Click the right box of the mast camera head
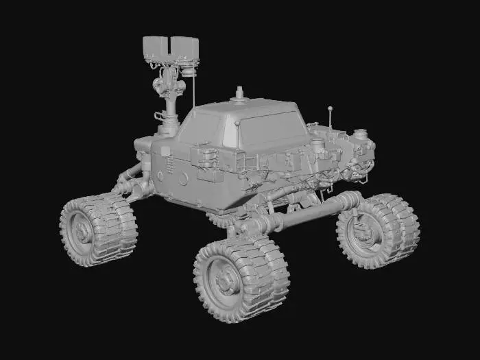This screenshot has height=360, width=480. click(185, 47)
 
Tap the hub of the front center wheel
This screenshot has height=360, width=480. click(224, 279)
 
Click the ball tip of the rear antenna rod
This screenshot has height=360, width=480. click(330, 108)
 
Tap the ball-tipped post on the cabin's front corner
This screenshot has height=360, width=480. click(237, 124)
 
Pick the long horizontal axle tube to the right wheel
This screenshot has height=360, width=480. click(309, 215)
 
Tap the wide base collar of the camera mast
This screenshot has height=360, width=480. click(167, 129)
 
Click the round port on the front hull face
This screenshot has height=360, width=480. click(183, 178)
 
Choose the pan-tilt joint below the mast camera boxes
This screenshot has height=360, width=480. click(169, 82)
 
